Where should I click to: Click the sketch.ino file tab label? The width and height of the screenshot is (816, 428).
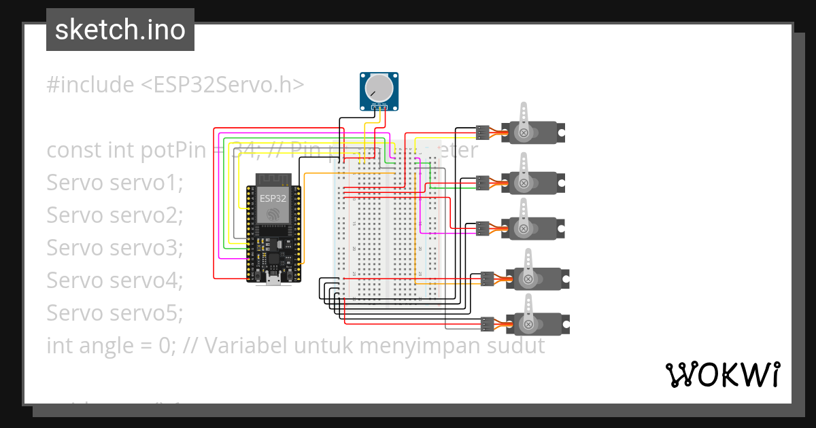click(120, 30)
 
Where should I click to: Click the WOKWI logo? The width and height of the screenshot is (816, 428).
click(722, 374)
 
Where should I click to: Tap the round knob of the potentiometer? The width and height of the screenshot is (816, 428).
click(378, 88)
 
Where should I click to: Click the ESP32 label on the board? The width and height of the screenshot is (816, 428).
click(273, 198)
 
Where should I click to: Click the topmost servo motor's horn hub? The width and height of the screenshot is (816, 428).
click(524, 132)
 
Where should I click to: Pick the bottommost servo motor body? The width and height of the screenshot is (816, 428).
click(537, 323)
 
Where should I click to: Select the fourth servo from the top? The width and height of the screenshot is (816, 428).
click(537, 277)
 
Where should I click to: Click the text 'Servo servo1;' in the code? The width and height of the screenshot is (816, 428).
click(115, 183)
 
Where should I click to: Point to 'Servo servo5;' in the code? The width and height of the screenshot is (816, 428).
click(115, 313)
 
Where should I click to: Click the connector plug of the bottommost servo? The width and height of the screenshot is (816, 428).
click(487, 323)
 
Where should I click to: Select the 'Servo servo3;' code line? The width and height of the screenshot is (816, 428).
click(115, 248)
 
